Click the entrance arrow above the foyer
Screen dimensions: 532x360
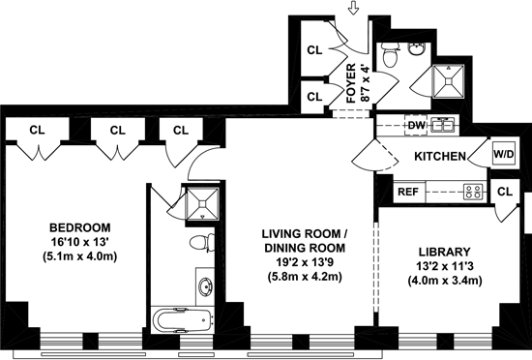click(x=354, y=9)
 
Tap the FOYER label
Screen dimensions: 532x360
click(x=351, y=83)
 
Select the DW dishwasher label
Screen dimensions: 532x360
click(x=416, y=125)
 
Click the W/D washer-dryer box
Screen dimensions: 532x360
click(x=504, y=155)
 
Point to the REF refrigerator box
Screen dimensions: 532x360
click(x=408, y=192)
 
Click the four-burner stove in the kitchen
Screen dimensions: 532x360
click(x=473, y=192)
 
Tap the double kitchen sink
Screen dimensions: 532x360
click(x=443, y=125)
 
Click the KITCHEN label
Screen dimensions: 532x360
click(x=440, y=157)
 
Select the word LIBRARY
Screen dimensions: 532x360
click(x=445, y=253)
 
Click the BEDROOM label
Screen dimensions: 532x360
click(x=80, y=227)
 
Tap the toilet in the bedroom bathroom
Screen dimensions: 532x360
click(x=202, y=243)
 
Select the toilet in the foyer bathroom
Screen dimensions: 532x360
click(x=391, y=55)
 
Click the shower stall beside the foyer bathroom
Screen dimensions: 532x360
click(x=448, y=81)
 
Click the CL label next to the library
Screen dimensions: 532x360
click(x=505, y=192)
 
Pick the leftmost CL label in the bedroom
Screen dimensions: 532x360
click(x=37, y=130)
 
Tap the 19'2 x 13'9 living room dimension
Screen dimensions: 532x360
click(x=303, y=262)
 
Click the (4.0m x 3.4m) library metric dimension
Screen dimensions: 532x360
click(x=445, y=281)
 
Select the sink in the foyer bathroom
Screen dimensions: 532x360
click(x=415, y=49)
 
